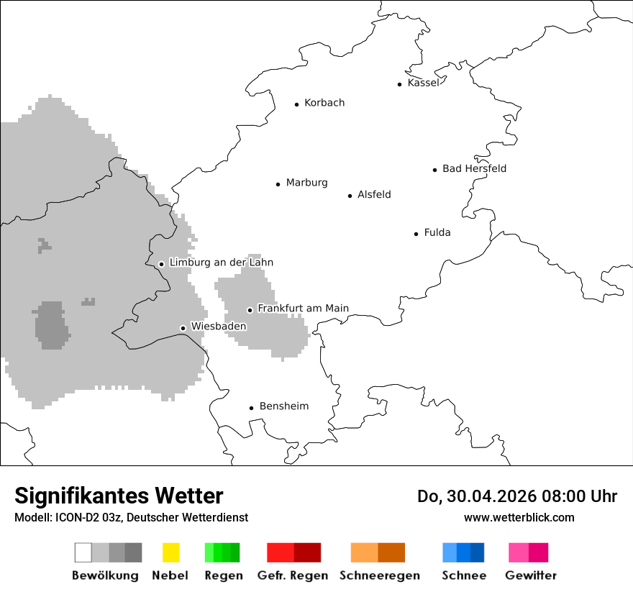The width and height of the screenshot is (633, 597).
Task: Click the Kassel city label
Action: tap(423, 83)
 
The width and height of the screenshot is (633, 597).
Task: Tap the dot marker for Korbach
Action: tap(296, 104)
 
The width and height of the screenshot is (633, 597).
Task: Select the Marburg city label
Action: tap(306, 183)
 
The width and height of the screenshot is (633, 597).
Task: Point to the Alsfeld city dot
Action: tap(350, 196)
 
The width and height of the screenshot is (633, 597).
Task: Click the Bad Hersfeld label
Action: tap(474, 168)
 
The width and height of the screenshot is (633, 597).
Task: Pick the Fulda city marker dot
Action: tap(416, 234)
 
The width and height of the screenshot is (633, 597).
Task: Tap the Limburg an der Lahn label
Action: tap(221, 263)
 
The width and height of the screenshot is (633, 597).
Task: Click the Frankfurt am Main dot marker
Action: tap(250, 310)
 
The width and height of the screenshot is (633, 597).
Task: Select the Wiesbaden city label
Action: tap(218, 327)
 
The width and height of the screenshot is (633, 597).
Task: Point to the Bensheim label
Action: tap(283, 406)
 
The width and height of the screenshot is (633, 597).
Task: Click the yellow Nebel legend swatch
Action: tap(170, 552)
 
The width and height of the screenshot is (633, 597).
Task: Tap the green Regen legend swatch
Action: tap(222, 552)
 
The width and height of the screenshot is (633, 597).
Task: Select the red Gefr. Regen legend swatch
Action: tap(293, 552)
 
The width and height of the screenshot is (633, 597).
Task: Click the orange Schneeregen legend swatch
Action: tap(378, 552)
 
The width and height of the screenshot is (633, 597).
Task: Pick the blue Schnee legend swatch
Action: tap(463, 552)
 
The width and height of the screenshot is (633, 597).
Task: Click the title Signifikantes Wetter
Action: tap(119, 496)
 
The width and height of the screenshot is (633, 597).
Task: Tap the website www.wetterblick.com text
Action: tap(519, 517)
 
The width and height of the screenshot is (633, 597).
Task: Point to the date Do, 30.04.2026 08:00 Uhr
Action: tap(517, 496)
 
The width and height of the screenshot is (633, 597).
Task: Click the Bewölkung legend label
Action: tap(105, 575)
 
